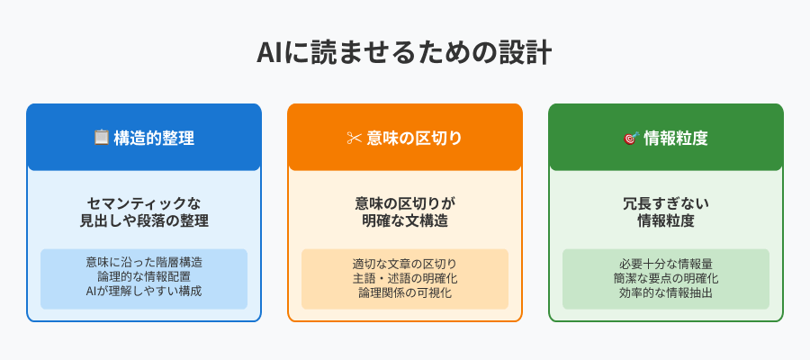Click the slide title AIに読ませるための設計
click(404, 53)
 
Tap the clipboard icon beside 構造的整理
click(101, 138)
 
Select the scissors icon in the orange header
click(354, 138)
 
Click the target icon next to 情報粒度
click(631, 138)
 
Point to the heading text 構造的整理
click(154, 139)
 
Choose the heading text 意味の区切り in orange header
click(414, 139)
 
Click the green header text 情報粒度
click(676, 139)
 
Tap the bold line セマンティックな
click(144, 203)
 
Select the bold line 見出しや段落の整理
click(144, 220)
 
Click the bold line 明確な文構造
click(405, 220)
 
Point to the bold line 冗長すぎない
click(666, 203)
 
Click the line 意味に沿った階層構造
click(144, 262)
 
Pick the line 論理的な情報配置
click(144, 276)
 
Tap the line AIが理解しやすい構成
click(144, 291)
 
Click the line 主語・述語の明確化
click(405, 278)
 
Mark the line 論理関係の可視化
click(405, 292)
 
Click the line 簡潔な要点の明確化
click(666, 278)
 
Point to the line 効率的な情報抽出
click(666, 292)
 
